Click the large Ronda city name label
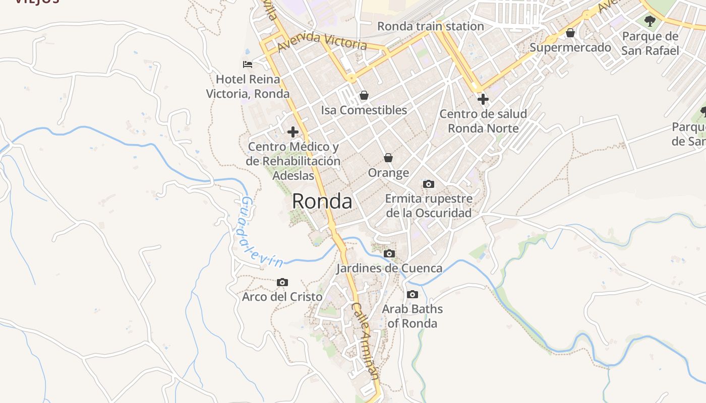322,201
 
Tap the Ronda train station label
430,26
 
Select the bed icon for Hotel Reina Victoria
247,64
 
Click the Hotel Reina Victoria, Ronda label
248,87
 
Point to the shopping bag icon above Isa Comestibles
364,95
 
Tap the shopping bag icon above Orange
388,158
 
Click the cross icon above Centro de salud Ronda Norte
483,99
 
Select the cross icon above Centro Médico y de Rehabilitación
292,132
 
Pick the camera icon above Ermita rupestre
429,184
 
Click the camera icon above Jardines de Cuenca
389,253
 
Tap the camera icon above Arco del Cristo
282,282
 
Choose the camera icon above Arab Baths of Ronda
413,294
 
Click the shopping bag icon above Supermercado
570,33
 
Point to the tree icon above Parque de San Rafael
650,21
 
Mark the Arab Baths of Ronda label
413,316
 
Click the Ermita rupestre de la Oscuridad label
429,206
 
